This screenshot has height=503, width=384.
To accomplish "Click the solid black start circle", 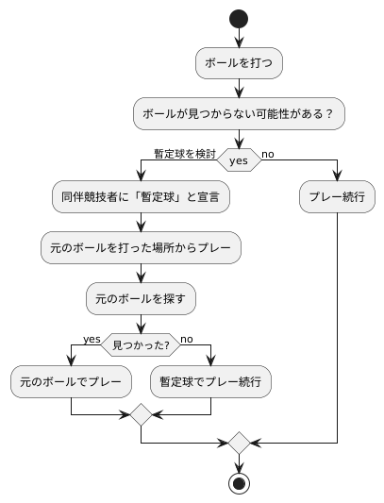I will point(239,19).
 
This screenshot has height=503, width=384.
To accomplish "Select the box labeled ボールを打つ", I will point(239,63).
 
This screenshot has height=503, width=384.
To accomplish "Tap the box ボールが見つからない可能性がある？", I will point(239,113).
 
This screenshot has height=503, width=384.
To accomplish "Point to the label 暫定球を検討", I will point(185,153).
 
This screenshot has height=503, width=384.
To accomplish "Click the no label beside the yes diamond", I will point(268,153).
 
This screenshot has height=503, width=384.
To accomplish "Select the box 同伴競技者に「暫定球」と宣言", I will point(141,198).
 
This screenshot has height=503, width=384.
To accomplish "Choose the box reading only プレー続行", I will point(337,198).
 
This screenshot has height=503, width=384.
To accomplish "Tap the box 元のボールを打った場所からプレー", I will point(141,248).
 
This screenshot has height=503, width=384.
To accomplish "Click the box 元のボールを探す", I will point(141,298).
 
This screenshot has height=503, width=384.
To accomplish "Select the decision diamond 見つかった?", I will point(141,344).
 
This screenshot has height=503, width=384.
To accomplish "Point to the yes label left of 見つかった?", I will point(92,339).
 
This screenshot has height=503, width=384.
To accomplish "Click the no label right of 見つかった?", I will point(186,339).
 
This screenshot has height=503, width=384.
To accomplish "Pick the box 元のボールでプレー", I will point(72,383).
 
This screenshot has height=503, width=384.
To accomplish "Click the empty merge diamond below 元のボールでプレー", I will point(141,414).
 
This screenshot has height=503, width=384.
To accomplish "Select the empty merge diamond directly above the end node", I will point(239,442).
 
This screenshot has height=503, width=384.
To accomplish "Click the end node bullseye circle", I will point(239,483).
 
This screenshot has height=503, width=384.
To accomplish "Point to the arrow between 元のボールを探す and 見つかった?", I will point(141,323).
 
